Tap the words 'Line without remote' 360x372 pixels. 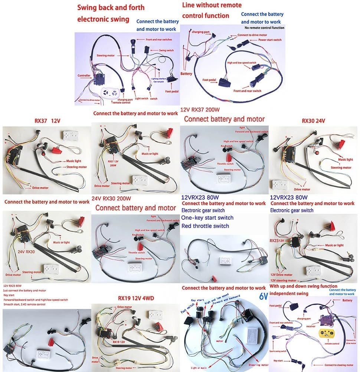[212, 5]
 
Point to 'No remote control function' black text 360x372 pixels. [264, 28]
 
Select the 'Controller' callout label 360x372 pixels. [84, 76]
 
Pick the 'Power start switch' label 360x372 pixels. [270, 40]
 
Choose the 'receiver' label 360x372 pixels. [311, 327]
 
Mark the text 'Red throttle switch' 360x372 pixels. [205, 226]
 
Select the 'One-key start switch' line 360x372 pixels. [207, 218]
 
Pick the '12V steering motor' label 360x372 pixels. [283, 280]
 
